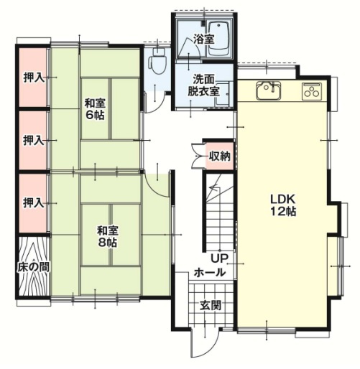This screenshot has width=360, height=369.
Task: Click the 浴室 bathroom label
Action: click(204, 40)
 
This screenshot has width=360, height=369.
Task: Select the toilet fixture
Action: click(154, 64)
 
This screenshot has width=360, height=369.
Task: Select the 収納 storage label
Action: click(219, 156)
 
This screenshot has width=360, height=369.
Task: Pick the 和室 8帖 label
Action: click(108, 236)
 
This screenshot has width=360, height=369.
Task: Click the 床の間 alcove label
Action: click(32, 267)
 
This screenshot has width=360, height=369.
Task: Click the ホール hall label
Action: click(210, 274)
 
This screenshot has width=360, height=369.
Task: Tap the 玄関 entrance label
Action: click(210, 304)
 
